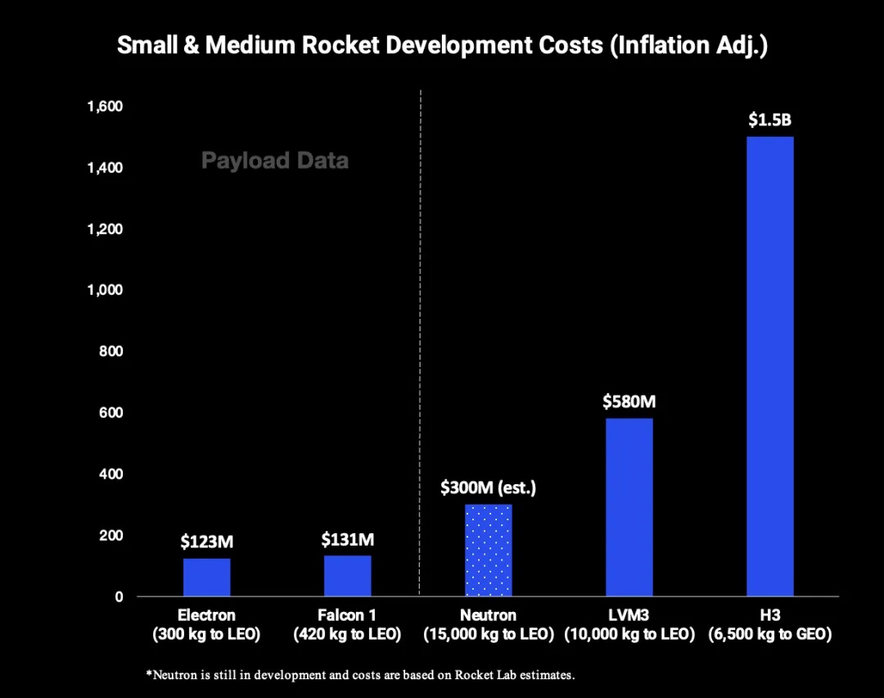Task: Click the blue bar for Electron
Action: pos(206,577)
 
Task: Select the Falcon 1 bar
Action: pos(347,575)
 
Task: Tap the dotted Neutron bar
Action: pos(488,550)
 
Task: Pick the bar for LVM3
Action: pos(629,507)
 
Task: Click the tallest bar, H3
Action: pos(770,366)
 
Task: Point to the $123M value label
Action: pos(206,542)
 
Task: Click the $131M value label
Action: pos(347,540)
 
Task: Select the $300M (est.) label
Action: pos(488,488)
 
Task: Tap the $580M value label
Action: pos(629,402)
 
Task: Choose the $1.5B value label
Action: pos(770,120)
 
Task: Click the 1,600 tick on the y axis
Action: pos(106,107)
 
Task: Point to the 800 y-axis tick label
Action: pos(111,351)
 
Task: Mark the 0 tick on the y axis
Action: pos(119,596)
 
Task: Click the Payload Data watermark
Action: pos(275,161)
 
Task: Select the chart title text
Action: pos(442,45)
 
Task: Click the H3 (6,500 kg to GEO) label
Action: pos(770,624)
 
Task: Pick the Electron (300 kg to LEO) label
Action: pos(206,624)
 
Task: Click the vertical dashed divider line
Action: pos(420,328)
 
